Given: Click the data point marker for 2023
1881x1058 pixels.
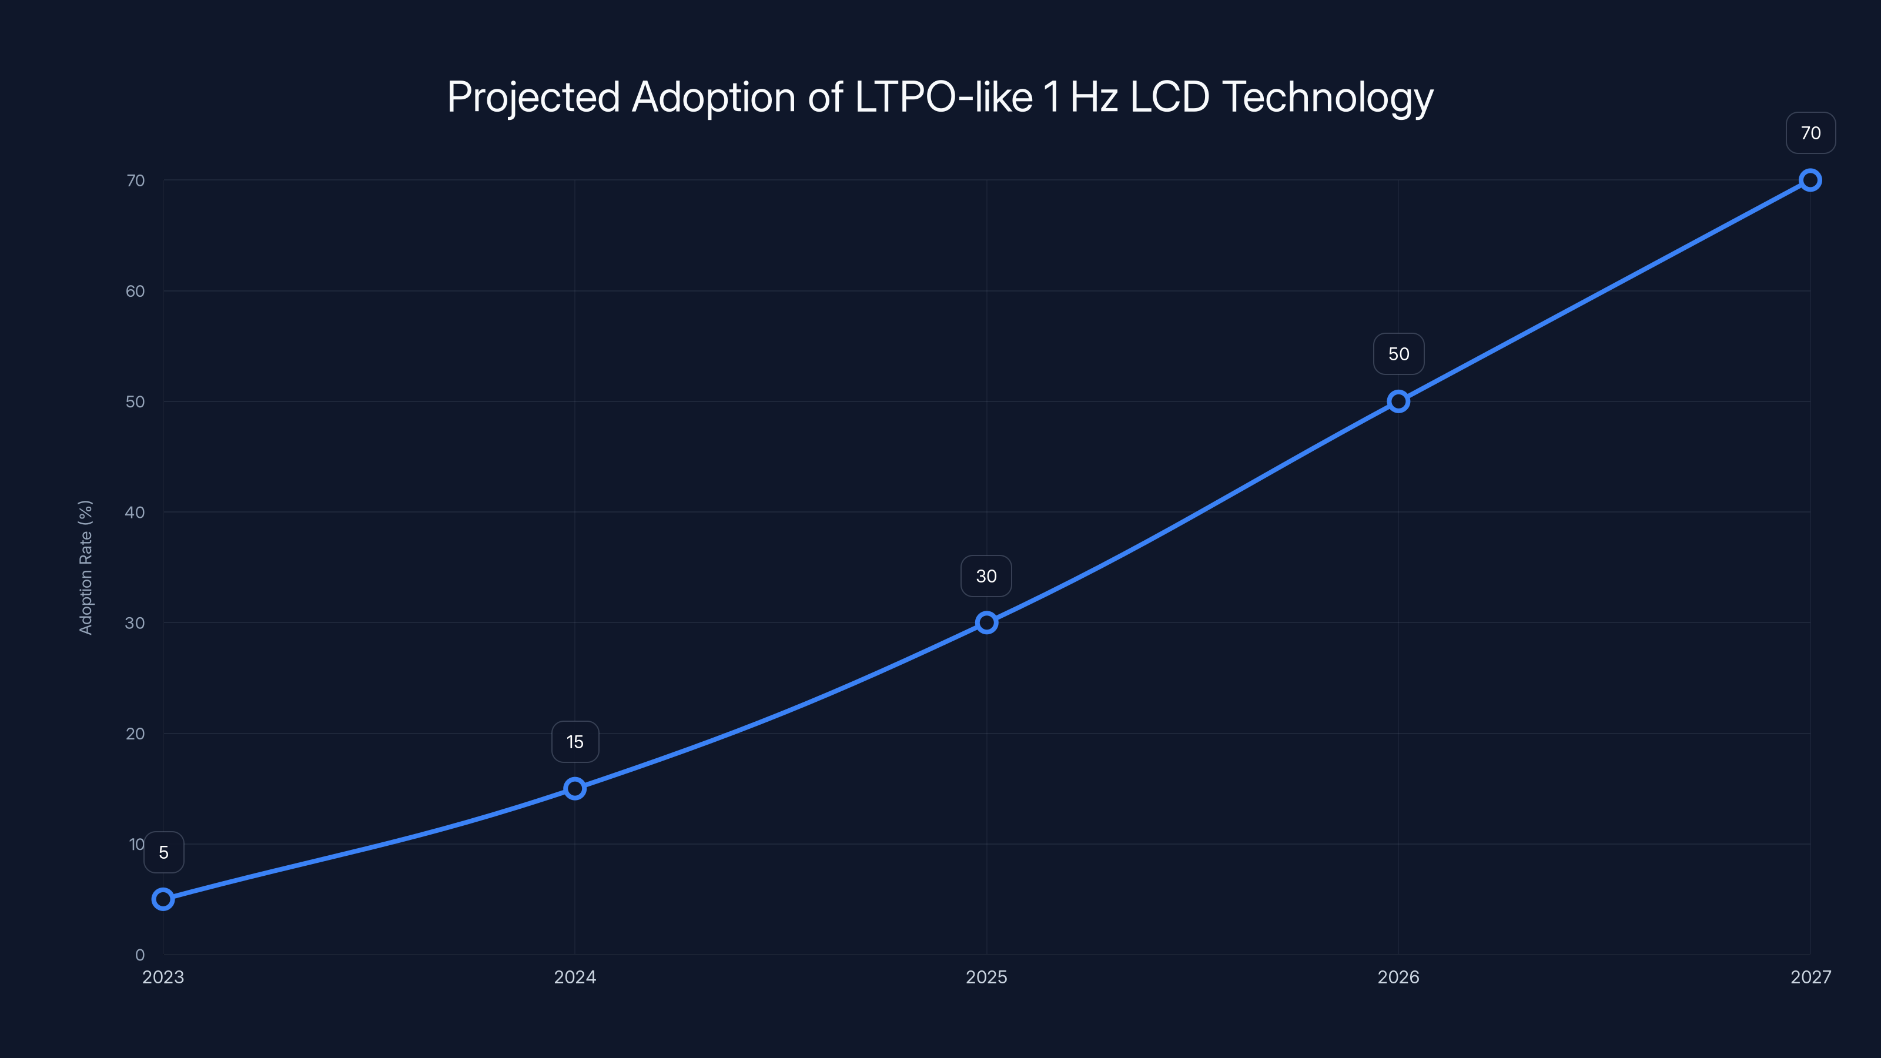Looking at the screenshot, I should pyautogui.click(x=163, y=899).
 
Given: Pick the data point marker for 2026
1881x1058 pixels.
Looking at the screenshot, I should pyautogui.click(x=1398, y=401).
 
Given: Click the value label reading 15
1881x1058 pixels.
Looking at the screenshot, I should pyautogui.click(x=575, y=742).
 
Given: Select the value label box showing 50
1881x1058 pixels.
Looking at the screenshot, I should pyautogui.click(x=1398, y=354).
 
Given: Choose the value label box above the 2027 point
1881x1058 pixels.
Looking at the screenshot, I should pyautogui.click(x=1810, y=133).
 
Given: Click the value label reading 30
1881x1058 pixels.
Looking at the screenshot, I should pyautogui.click(x=986, y=576).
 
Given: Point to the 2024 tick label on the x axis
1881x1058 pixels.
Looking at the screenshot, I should pyautogui.click(x=575, y=977).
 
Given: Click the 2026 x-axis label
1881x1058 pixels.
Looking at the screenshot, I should pyautogui.click(x=1398, y=977).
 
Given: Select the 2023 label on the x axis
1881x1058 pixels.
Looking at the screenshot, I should pyautogui.click(x=163, y=977).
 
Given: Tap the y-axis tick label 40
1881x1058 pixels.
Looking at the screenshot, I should pyautogui.click(x=135, y=513).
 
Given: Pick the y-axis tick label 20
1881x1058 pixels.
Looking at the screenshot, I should pyautogui.click(x=135, y=734).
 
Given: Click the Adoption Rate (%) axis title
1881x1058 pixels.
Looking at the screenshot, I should pyautogui.click(x=85, y=567).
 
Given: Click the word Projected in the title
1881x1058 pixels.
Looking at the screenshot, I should pyautogui.click(x=533, y=98).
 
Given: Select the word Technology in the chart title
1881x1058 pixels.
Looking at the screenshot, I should pyautogui.click(x=1327, y=98).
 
